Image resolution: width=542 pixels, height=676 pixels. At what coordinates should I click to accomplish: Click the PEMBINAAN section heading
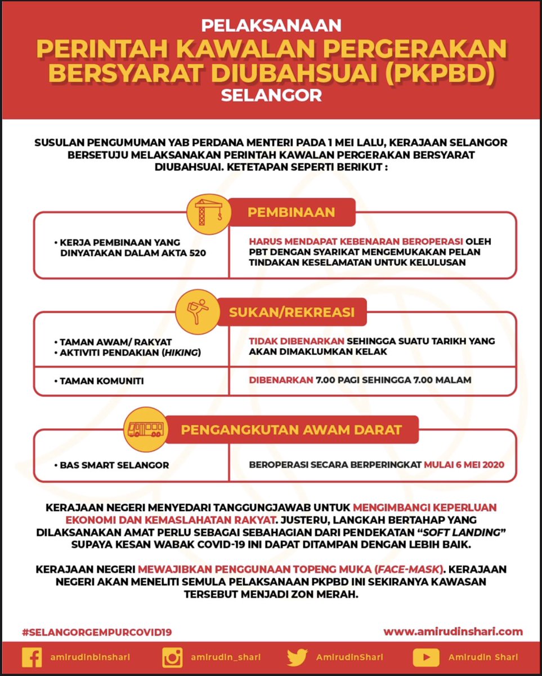292,212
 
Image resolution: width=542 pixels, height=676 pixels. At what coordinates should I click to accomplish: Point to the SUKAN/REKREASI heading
292,313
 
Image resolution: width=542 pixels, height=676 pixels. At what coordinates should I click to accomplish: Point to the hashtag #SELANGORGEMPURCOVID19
97,632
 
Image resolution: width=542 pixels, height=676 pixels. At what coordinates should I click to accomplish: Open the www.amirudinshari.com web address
453,631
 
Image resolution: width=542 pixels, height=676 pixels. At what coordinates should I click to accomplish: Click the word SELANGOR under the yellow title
271,94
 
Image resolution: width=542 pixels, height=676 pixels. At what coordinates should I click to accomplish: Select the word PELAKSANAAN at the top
271,25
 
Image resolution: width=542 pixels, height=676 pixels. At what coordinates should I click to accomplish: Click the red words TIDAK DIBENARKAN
297,341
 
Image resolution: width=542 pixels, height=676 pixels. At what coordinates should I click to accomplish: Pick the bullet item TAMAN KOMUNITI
101,381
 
